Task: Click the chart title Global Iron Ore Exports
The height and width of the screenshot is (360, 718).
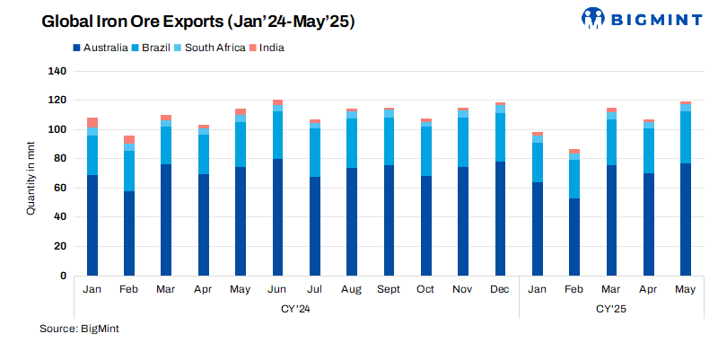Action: (x=198, y=22)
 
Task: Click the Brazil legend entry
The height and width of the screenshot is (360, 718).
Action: (x=156, y=47)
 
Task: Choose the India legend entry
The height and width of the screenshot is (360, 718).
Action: (x=271, y=47)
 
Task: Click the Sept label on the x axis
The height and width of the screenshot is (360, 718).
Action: (x=389, y=289)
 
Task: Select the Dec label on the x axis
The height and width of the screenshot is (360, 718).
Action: (x=500, y=289)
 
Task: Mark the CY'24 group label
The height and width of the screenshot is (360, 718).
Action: (x=296, y=308)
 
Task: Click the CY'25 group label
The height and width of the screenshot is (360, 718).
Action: (x=611, y=308)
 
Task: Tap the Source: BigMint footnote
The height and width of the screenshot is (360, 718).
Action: (x=79, y=329)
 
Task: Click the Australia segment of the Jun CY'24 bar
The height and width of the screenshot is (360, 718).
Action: (x=277, y=217)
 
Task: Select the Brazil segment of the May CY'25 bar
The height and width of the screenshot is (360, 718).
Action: (x=685, y=137)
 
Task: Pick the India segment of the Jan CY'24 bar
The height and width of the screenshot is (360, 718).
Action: (x=92, y=122)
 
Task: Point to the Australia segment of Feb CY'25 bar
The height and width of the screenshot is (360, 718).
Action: (x=574, y=237)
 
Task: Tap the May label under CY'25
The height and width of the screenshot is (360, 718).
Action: (x=685, y=289)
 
